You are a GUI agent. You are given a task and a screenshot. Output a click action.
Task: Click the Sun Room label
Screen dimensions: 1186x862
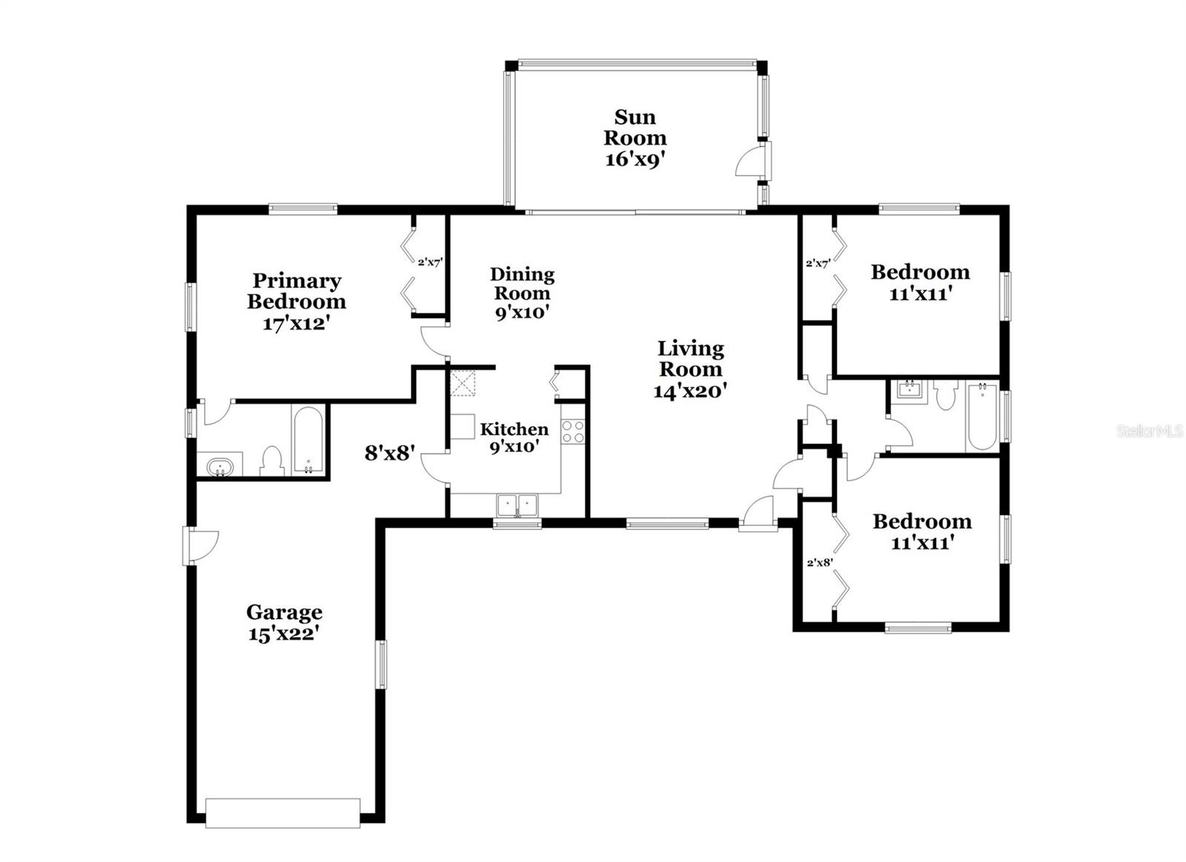point(635,127)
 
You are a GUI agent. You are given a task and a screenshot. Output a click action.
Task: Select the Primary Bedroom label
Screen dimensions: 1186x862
point(296,291)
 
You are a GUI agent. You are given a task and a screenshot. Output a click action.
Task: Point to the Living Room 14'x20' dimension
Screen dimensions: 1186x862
point(690,391)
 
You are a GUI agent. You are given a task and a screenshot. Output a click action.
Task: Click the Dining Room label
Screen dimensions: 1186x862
point(522,283)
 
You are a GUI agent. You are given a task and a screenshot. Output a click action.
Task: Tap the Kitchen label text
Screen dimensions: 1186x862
point(514,429)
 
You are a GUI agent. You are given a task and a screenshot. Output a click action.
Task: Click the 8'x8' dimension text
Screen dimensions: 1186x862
point(389,454)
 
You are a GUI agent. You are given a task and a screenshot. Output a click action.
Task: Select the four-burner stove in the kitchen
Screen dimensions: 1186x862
point(573,431)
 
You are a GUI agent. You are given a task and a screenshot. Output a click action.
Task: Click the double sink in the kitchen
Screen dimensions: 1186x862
point(517,505)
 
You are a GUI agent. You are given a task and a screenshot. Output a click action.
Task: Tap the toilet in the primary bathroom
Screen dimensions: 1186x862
point(272,462)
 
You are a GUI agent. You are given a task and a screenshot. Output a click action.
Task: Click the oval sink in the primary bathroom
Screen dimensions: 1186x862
point(219,468)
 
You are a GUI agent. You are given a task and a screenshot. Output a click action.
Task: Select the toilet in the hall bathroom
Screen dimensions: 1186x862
point(946,394)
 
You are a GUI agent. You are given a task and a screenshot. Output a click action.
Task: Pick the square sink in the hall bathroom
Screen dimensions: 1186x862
point(910,391)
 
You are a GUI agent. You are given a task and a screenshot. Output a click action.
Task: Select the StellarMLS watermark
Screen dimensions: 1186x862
point(1150,431)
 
